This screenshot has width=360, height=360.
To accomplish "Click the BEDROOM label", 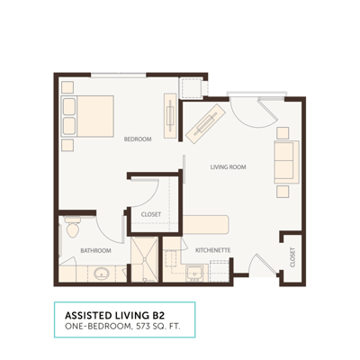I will (x=138, y=139).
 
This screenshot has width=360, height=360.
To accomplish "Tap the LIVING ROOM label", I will (x=229, y=167).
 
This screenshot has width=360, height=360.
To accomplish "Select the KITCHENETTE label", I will (x=214, y=249).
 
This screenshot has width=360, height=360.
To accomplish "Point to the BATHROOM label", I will (x=95, y=250).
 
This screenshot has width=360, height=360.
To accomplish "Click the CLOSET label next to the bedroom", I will (x=151, y=214).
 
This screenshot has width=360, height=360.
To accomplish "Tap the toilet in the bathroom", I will (x=74, y=229).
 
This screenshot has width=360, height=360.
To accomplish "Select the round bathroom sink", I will (x=102, y=273).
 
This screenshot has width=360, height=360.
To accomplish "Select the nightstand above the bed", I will (x=67, y=88).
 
